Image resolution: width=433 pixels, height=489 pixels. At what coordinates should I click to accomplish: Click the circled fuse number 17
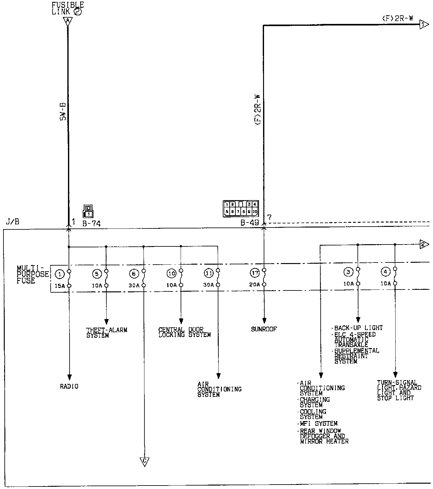[x=255, y=273]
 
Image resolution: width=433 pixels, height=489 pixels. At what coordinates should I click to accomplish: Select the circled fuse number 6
[x=134, y=274]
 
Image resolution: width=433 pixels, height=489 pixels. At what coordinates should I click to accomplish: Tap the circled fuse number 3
[x=348, y=272]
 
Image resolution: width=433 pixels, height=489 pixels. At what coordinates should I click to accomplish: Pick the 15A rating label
[x=59, y=286]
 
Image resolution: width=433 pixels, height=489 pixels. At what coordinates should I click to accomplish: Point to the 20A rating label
[x=255, y=284]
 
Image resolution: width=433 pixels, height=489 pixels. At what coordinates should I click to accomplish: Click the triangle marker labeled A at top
[x=68, y=21]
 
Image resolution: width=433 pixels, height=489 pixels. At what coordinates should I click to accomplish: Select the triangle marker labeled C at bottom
[x=144, y=461]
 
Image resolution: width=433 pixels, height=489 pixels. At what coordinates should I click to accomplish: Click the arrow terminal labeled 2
[x=424, y=244]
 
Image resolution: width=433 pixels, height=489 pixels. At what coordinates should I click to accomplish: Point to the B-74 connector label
[x=91, y=224]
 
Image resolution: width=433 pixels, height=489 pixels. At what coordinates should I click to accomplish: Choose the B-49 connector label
[x=250, y=223]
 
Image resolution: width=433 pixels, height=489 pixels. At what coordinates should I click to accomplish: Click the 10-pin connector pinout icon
[x=241, y=208]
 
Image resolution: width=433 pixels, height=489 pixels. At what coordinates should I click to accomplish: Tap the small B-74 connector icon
[x=88, y=211]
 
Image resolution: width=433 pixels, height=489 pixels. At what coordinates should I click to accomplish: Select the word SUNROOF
[x=264, y=329]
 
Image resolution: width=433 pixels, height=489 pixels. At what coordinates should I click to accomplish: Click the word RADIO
[x=69, y=386]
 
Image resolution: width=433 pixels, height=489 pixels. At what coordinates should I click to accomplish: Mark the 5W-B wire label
[x=63, y=112]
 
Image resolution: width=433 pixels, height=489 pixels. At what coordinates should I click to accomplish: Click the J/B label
[x=13, y=222]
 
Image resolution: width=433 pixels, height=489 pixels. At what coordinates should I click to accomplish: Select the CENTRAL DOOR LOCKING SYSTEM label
[x=184, y=332]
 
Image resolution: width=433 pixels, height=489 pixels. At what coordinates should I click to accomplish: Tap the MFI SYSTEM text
[x=318, y=424]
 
